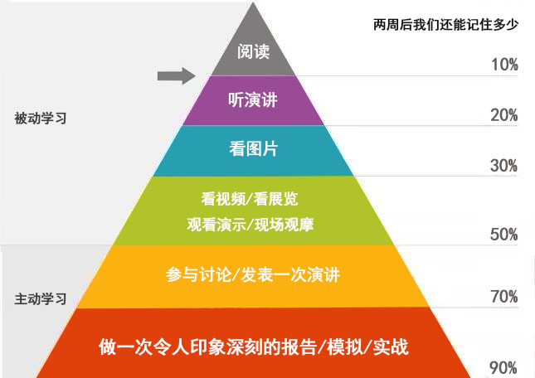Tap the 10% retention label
pos(503,65)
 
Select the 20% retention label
pos(503,115)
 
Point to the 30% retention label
pos(503,166)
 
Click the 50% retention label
pos(503,235)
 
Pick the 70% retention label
pos(503,297)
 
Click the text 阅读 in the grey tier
pos(253,51)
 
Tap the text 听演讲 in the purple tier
pos(253,99)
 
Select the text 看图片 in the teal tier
pos(253,149)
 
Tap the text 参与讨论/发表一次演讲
pos(253,274)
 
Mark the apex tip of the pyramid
pos(254,4)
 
